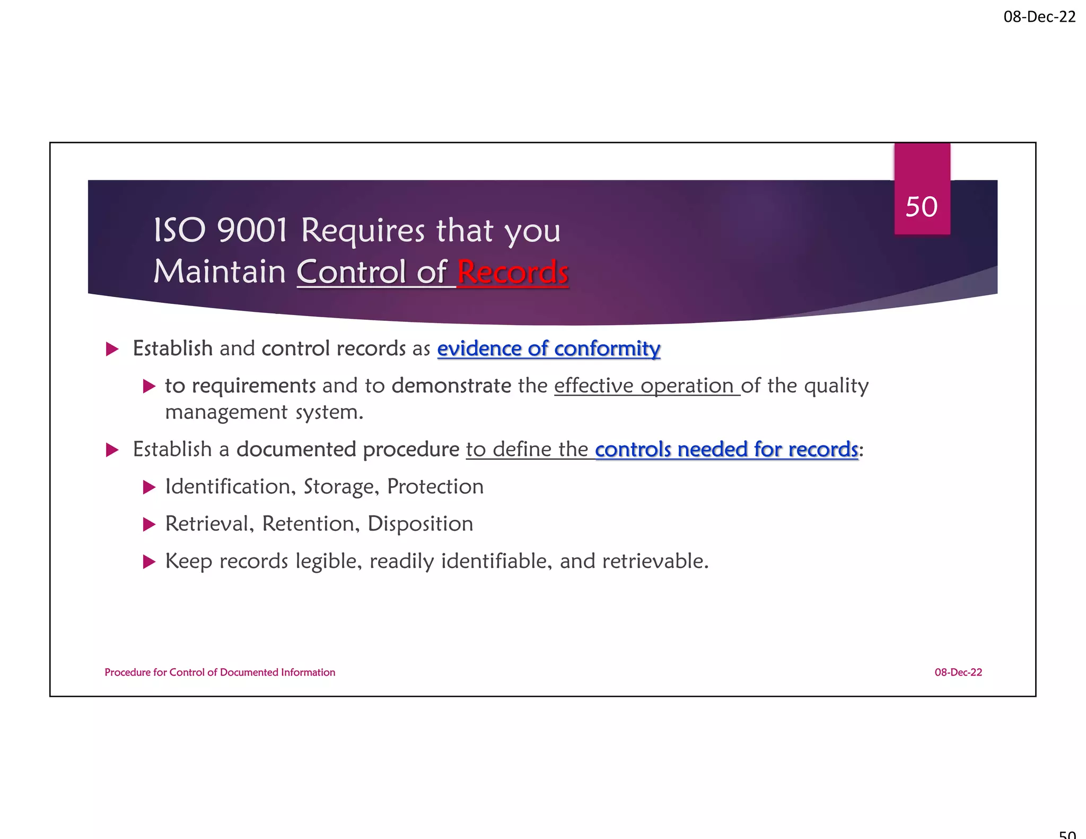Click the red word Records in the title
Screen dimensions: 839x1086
tap(512, 272)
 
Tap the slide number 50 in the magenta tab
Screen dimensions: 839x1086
tap(922, 207)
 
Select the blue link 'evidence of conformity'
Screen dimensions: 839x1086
tap(548, 348)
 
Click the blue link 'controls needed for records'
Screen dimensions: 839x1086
tap(726, 449)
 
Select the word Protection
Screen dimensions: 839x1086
tap(435, 487)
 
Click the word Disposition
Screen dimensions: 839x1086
tap(420, 524)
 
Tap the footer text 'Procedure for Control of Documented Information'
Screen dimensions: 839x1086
tap(220, 672)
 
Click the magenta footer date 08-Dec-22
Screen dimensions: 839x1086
tap(958, 672)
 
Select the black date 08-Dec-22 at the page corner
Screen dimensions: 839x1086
tap(1039, 17)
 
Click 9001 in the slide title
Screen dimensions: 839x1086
tap(252, 231)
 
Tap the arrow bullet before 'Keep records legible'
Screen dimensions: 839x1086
tap(150, 562)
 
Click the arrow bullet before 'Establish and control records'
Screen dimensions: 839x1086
tap(112, 349)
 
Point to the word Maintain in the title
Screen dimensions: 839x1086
tap(220, 272)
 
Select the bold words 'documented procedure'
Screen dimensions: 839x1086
tap(348, 449)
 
